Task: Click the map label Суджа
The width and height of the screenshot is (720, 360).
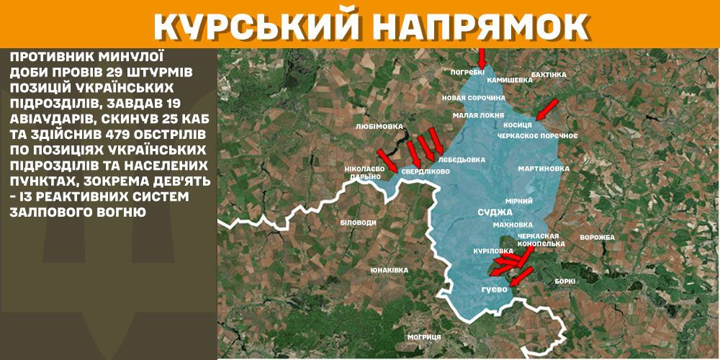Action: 495,213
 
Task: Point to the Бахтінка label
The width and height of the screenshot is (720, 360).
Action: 548,74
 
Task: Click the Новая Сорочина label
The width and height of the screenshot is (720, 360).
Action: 472,97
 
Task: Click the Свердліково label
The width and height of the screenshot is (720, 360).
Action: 426,172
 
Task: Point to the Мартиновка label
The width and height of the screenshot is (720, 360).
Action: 544,168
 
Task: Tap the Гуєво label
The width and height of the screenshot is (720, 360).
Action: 495,289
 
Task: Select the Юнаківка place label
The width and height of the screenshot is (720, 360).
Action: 389,270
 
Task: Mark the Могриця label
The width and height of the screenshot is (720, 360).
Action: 423,336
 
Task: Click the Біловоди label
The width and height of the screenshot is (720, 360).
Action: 358,222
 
